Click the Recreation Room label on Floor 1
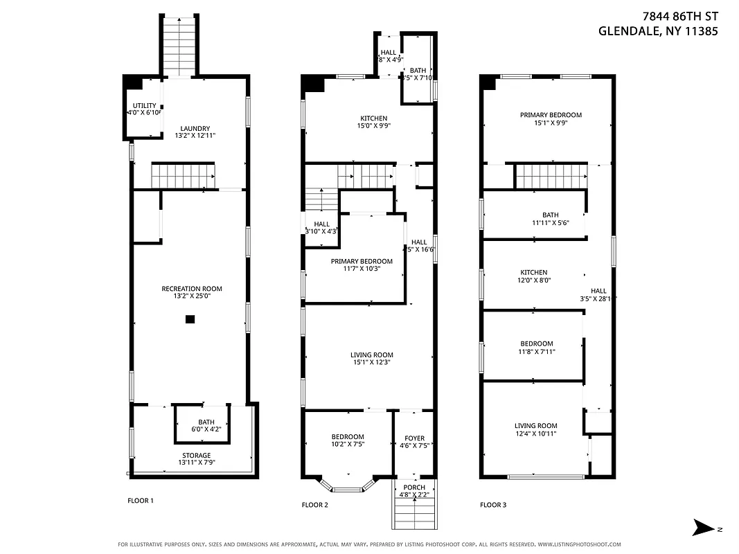click(192, 289)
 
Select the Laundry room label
click(195, 128)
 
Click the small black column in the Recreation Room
click(190, 319)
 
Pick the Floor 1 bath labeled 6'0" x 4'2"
click(206, 422)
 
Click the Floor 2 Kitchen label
click(373, 118)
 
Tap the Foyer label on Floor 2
click(414, 438)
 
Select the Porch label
click(414, 488)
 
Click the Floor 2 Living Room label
click(372, 355)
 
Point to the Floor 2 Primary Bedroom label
click(362, 262)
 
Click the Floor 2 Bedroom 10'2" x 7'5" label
click(348, 436)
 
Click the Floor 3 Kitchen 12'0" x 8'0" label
click(534, 273)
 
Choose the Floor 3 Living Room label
click(535, 426)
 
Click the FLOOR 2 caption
click(314, 505)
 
